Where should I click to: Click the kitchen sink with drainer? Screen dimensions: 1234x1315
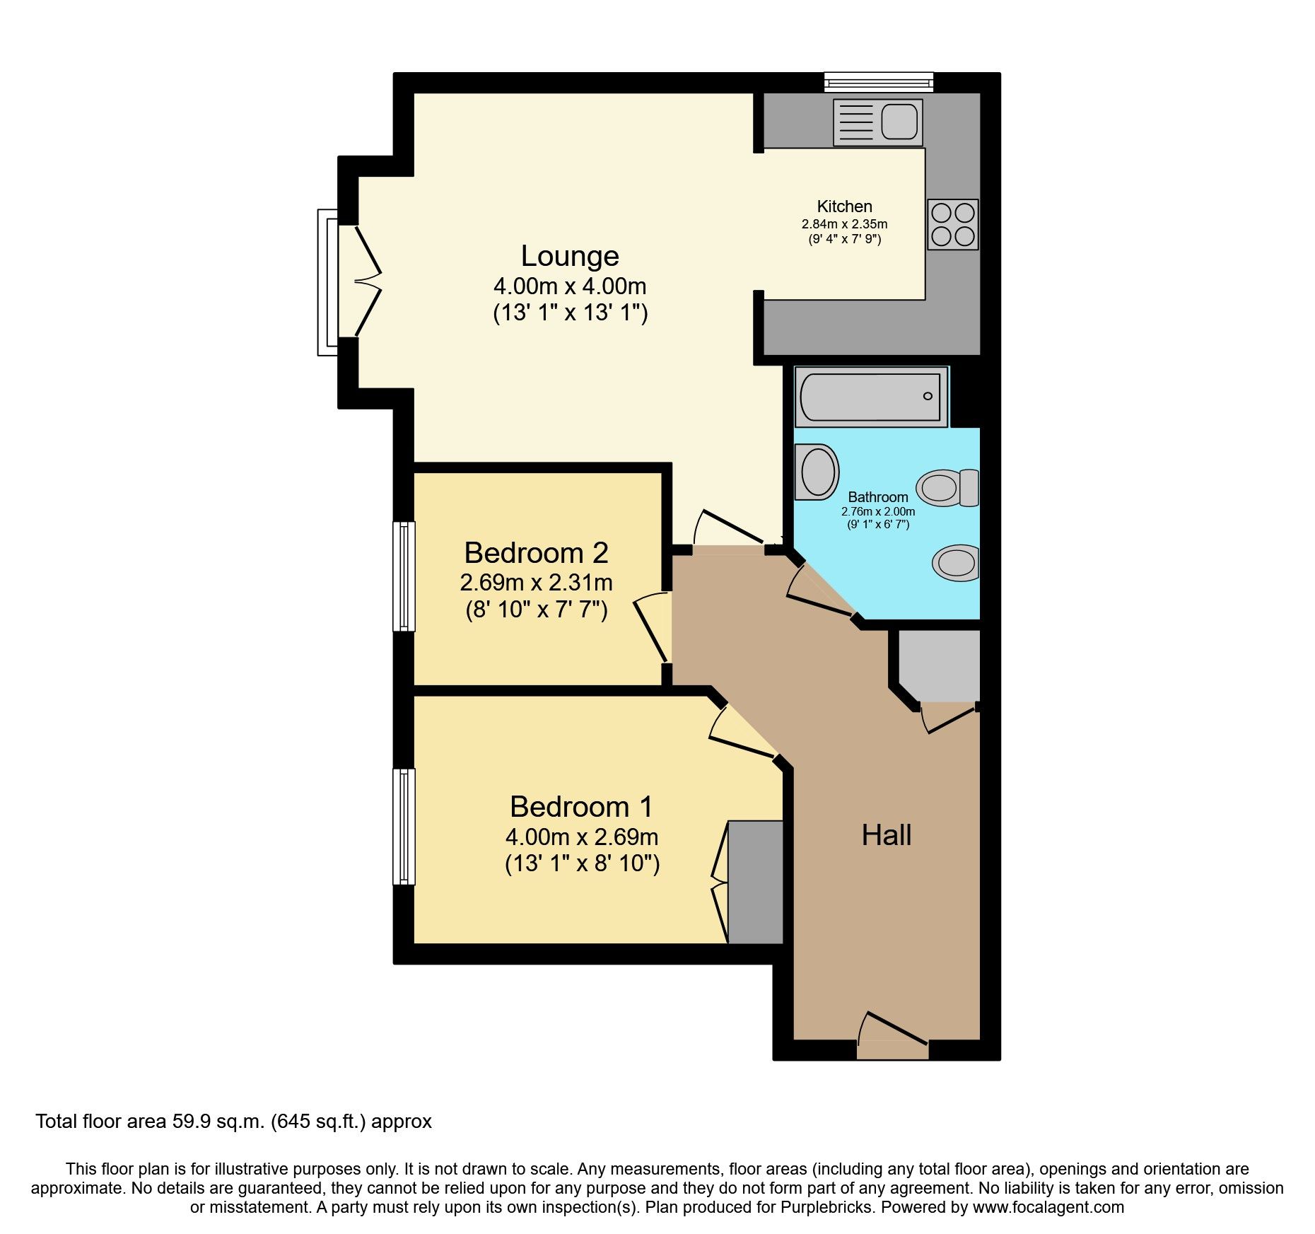point(877,122)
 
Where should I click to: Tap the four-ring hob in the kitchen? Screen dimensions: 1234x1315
point(952,224)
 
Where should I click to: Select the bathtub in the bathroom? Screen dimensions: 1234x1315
point(871,397)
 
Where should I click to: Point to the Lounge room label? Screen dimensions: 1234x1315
point(570,256)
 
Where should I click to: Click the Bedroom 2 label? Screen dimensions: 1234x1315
point(536,553)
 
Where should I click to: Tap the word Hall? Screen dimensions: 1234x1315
point(886,836)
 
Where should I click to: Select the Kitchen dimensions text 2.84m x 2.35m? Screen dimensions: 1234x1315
point(844,224)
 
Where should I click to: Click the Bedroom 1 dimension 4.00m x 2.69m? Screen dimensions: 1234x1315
point(581,837)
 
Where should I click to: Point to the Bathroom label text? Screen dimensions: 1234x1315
point(877,497)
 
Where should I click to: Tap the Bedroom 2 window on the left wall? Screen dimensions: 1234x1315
point(404,576)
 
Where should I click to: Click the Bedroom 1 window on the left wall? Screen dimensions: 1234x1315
point(404,826)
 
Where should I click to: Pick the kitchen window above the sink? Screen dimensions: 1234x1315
point(879,83)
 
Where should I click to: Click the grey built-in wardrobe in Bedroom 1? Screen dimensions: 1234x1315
point(755,881)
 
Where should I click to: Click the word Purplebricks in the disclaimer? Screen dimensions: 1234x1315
point(826,1207)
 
